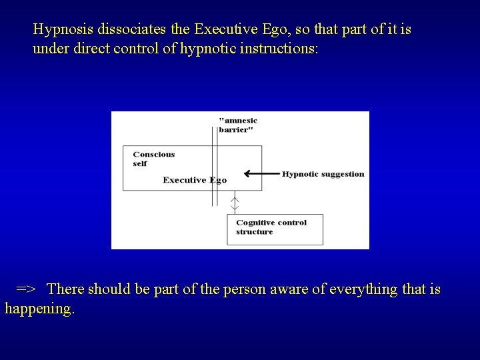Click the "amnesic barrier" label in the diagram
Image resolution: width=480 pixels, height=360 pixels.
(x=237, y=125)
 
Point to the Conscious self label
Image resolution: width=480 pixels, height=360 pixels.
(x=153, y=159)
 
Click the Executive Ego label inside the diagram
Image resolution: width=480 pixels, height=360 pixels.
(x=195, y=180)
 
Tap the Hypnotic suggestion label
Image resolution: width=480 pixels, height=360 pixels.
(x=323, y=174)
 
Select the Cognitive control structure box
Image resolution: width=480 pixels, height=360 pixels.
(x=275, y=228)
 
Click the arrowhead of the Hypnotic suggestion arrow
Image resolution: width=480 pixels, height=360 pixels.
(x=247, y=174)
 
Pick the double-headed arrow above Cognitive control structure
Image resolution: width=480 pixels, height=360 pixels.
(x=234, y=203)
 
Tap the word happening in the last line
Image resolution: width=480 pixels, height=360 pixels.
(x=39, y=309)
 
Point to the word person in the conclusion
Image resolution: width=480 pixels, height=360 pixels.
(x=248, y=290)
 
